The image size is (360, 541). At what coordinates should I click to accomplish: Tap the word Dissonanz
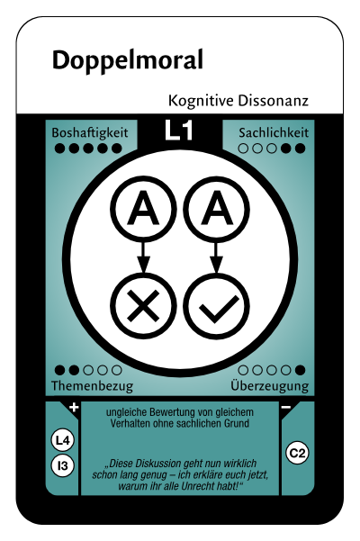[x=273, y=101]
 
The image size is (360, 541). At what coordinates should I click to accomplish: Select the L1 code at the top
[x=178, y=131]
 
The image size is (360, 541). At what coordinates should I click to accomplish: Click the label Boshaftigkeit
[x=90, y=133]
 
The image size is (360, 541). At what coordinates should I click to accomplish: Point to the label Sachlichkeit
[x=274, y=133]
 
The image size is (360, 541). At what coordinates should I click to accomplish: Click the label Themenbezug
[x=92, y=386]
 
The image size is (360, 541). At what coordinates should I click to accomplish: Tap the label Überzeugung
[x=270, y=385]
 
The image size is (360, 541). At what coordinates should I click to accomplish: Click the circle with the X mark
[x=143, y=305]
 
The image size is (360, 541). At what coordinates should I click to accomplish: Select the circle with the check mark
[x=216, y=305]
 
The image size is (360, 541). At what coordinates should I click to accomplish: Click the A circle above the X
[x=143, y=209]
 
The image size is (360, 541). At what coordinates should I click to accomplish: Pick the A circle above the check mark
[x=216, y=209]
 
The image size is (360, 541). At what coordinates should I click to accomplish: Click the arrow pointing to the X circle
[x=143, y=257]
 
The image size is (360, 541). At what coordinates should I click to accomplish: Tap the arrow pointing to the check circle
[x=216, y=257]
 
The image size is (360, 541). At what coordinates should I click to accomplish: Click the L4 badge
[x=62, y=440]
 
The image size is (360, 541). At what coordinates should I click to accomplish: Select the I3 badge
[x=62, y=466]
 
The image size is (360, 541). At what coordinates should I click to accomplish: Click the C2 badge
[x=297, y=453]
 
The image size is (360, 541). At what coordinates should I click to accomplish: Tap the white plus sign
[x=74, y=408]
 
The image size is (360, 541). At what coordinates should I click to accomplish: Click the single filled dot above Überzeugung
[x=300, y=370]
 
